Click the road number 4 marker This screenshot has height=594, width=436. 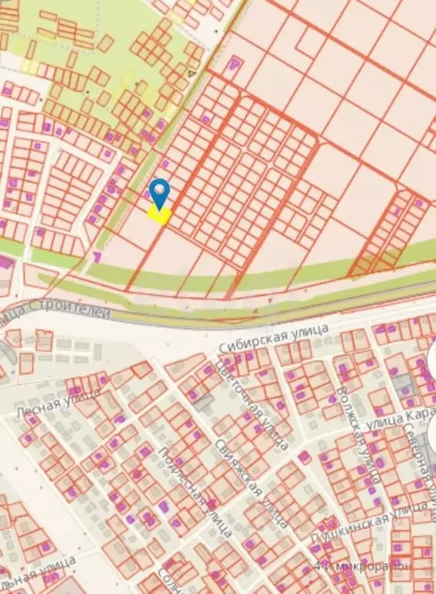point(189,74)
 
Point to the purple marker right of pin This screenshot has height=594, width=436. point(206,119)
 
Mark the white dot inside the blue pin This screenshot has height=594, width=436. point(159,188)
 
